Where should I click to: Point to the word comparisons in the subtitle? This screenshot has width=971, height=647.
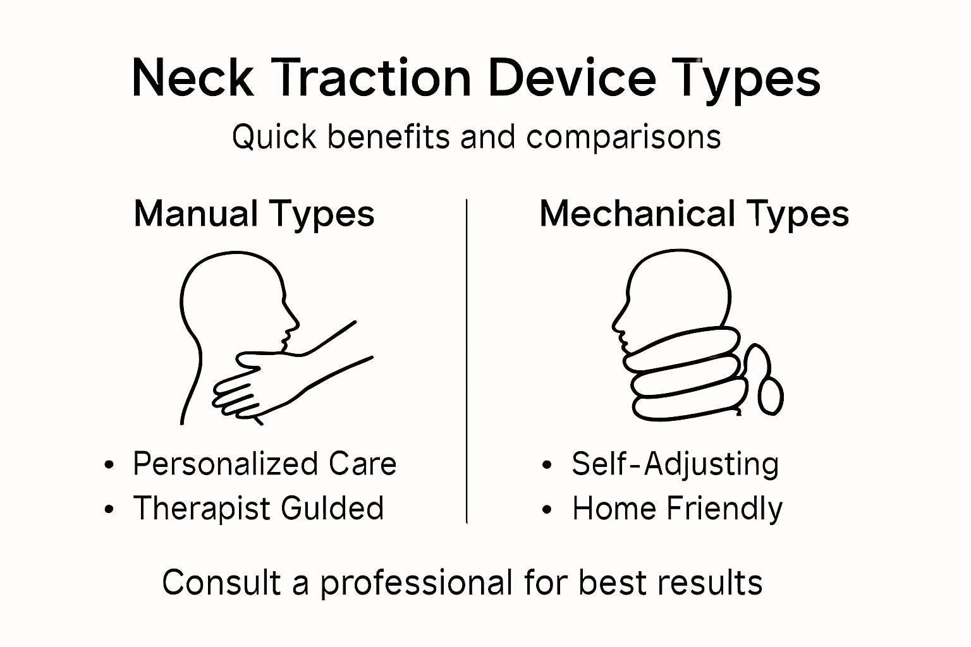(623, 138)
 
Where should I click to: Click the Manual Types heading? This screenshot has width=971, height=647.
(254, 214)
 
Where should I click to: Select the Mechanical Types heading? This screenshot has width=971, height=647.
(693, 214)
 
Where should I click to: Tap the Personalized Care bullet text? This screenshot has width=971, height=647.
(264, 464)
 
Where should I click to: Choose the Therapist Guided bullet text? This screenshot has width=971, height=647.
(258, 509)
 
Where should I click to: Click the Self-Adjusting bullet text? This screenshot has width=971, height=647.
(675, 464)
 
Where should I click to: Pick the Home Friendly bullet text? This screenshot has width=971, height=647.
(677, 509)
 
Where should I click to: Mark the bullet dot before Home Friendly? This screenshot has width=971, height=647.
(547, 510)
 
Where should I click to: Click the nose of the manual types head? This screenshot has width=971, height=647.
(295, 323)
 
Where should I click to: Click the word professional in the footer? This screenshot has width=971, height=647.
(416, 583)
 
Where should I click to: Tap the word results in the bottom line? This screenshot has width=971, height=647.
(720, 583)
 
